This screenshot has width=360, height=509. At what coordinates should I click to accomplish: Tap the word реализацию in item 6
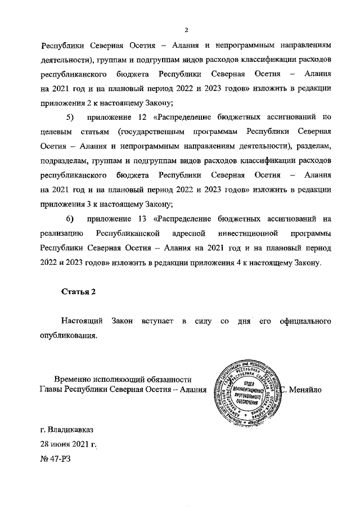point(62,233)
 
